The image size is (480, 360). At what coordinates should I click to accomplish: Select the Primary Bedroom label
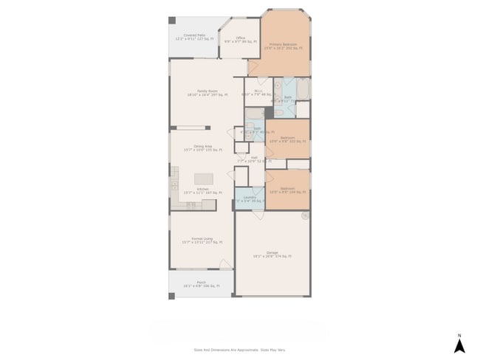(x=283, y=46)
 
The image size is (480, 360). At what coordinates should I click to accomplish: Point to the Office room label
(x=240, y=40)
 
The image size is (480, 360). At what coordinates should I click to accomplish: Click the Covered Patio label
(x=195, y=37)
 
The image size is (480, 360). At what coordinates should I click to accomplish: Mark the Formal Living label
(x=202, y=240)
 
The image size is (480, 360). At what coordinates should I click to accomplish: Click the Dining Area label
(x=203, y=148)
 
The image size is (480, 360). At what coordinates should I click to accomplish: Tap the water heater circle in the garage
(x=304, y=216)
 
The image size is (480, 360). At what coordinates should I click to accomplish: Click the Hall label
(x=253, y=159)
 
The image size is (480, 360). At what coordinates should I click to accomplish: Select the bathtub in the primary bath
(x=304, y=89)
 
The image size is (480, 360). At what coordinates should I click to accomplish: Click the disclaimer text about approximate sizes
(x=239, y=350)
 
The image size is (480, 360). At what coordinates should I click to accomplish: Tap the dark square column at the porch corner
(x=172, y=296)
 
